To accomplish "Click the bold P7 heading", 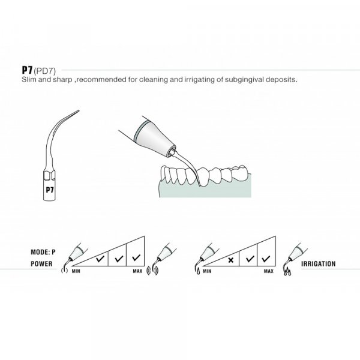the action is [x=28, y=70].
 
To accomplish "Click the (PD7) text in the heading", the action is [x=45, y=71].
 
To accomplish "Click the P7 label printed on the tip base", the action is [x=50, y=190].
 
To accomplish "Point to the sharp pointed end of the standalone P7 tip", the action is [x=79, y=110].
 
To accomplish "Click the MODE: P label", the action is [x=43, y=252].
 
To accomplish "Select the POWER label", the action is [x=41, y=264].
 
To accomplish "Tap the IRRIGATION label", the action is [x=318, y=264].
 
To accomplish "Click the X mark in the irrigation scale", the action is [x=231, y=260].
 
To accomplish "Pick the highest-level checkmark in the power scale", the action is [x=136, y=258].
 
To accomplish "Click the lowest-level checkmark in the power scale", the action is [x=100, y=259].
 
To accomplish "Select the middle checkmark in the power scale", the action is [x=119, y=259].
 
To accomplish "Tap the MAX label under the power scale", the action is [x=137, y=271].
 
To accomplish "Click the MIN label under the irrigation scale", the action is [x=207, y=271].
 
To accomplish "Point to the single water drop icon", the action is [x=198, y=271].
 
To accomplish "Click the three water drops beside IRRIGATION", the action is [x=287, y=272].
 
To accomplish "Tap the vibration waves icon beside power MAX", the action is [x=152, y=271].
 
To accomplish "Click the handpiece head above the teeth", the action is [x=154, y=139].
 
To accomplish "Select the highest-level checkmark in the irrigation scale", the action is [x=266, y=259].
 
